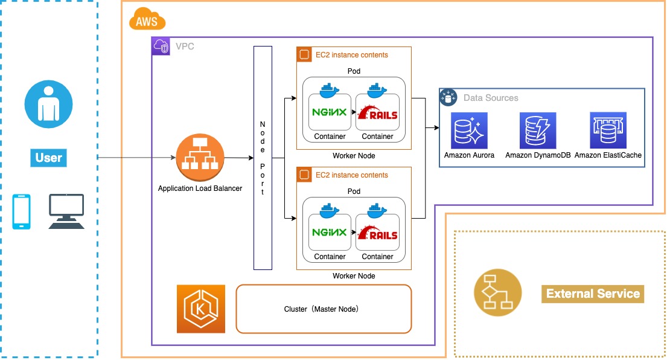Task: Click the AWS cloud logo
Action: pyautogui.click(x=147, y=21)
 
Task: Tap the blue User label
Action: pyautogui.click(x=49, y=158)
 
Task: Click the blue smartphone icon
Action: pyautogui.click(x=22, y=211)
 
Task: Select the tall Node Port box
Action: pyautogui.click(x=263, y=158)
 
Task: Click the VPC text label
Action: pyautogui.click(x=185, y=47)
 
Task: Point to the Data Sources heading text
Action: pyautogui.click(x=491, y=98)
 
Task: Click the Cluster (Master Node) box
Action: pyautogui.click(x=324, y=309)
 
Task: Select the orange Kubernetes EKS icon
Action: pyautogui.click(x=201, y=309)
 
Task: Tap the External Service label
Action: pyautogui.click(x=593, y=294)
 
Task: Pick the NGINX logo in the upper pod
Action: pyautogui.click(x=330, y=112)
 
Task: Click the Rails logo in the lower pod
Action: pyautogui.click(x=378, y=233)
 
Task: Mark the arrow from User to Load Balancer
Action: pyautogui.click(x=136, y=158)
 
